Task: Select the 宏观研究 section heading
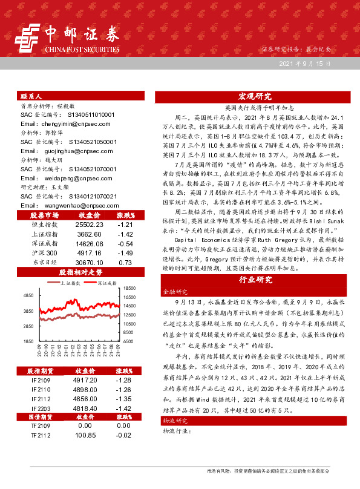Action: pyautogui.click(x=254, y=96)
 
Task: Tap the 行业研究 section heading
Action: pyautogui.click(x=254, y=280)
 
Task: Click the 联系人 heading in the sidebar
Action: pyautogui.click(x=31, y=96)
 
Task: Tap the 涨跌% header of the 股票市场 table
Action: pyautogui.click(x=125, y=214)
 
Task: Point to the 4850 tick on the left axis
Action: pyautogui.click(x=28, y=295)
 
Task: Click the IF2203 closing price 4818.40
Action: pyautogui.click(x=85, y=409)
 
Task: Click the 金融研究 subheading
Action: pyautogui.click(x=173, y=292)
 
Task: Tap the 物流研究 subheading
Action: pyautogui.click(x=173, y=437)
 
